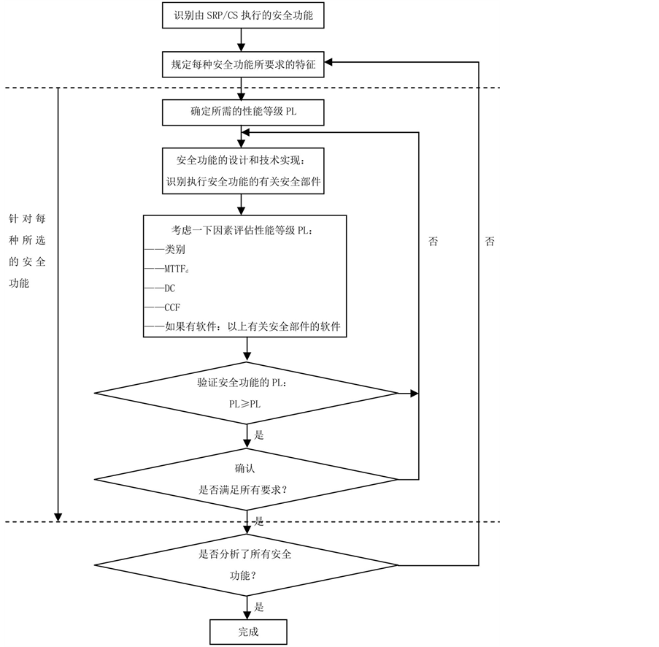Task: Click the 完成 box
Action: click(x=248, y=632)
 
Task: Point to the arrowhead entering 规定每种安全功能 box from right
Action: click(x=330, y=64)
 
